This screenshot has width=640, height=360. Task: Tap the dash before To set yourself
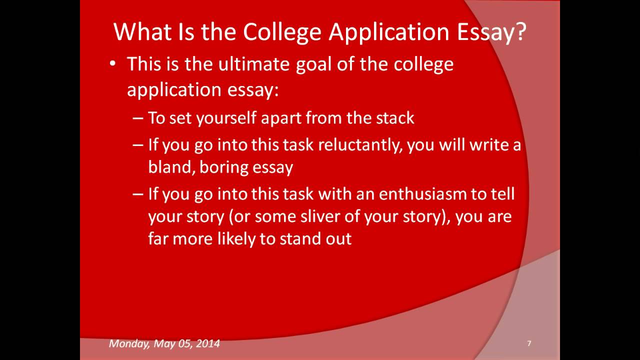pos(138,118)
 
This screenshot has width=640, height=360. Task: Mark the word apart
pos(284,118)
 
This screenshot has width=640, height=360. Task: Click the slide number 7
pos(529,343)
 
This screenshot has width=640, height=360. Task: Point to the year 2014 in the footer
pos(207,343)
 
